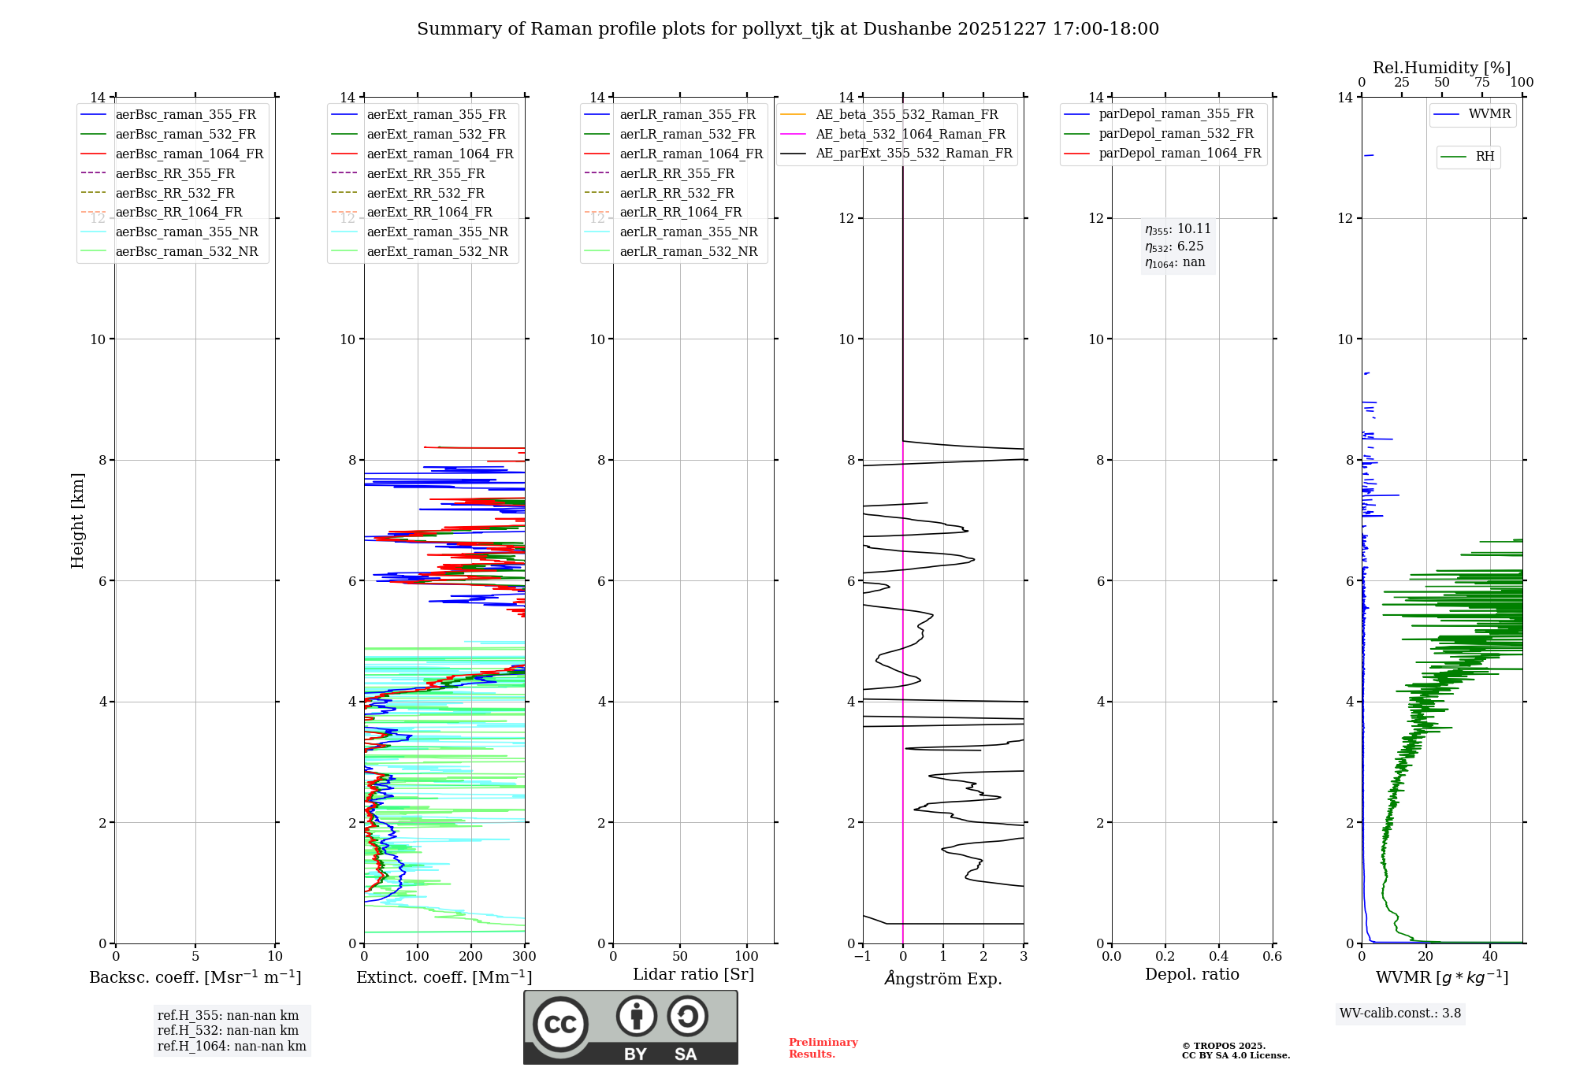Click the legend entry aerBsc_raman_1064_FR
pos(189,154)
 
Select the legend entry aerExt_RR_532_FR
pos(426,193)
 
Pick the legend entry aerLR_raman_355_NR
pos(688,232)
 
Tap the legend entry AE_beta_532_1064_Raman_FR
pos(910,134)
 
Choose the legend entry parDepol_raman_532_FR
pos(1176,134)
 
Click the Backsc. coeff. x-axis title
pos(195,977)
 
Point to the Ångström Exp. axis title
pos(943,979)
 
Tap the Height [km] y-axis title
pos(77,520)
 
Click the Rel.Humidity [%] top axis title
pos(1441,68)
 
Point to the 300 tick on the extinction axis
pos(524,957)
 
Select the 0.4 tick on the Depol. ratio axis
pos(1218,957)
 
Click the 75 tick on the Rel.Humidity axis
pos(1482,83)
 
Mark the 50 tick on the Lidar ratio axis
pos(680,957)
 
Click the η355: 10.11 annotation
pos(1178,229)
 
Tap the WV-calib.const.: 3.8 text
pos(1400,1014)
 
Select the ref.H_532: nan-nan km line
pos(228,1031)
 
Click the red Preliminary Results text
pos(823,1048)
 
